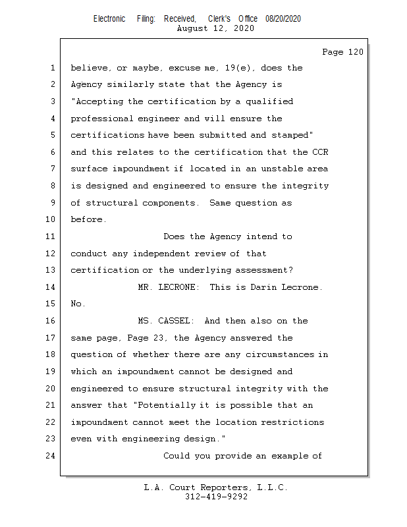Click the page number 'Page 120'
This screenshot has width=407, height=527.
(342, 52)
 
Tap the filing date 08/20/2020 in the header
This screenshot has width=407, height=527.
(283, 19)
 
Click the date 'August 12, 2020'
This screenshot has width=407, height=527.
(215, 28)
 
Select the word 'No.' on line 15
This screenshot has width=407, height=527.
(78, 304)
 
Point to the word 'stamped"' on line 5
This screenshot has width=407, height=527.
(291, 135)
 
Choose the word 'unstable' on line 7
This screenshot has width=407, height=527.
(275, 169)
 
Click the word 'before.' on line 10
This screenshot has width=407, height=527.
(88, 220)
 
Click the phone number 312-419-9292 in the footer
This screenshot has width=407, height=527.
(216, 497)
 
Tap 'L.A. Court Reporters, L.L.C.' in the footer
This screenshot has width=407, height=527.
(216, 487)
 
